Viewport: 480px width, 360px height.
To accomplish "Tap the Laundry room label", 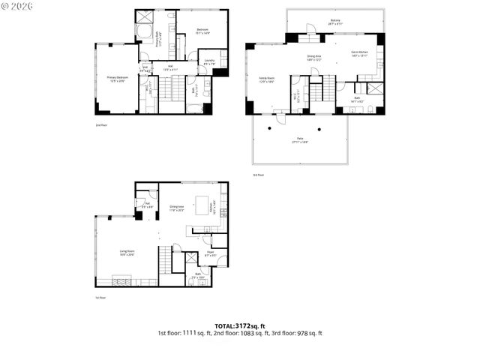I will pyautogui.click(x=209, y=62).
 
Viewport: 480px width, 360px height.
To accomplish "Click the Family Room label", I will pyautogui.click(x=267, y=79).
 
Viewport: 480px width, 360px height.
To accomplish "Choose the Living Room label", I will pyautogui.click(x=127, y=252).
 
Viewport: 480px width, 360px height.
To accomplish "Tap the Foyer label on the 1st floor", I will pyautogui.click(x=211, y=253).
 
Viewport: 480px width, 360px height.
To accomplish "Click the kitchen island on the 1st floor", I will pyautogui.click(x=202, y=204).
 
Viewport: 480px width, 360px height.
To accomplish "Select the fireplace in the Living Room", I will pyautogui.click(x=121, y=281).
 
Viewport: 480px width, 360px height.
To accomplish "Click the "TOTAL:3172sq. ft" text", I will pyautogui.click(x=239, y=325).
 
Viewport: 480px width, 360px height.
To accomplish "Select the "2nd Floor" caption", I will pyautogui.click(x=100, y=124).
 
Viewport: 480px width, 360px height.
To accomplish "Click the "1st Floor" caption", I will pyautogui.click(x=100, y=298).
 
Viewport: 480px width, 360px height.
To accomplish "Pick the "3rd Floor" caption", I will pyautogui.click(x=259, y=175).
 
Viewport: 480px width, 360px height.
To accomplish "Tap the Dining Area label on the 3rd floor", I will pyautogui.click(x=314, y=57).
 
